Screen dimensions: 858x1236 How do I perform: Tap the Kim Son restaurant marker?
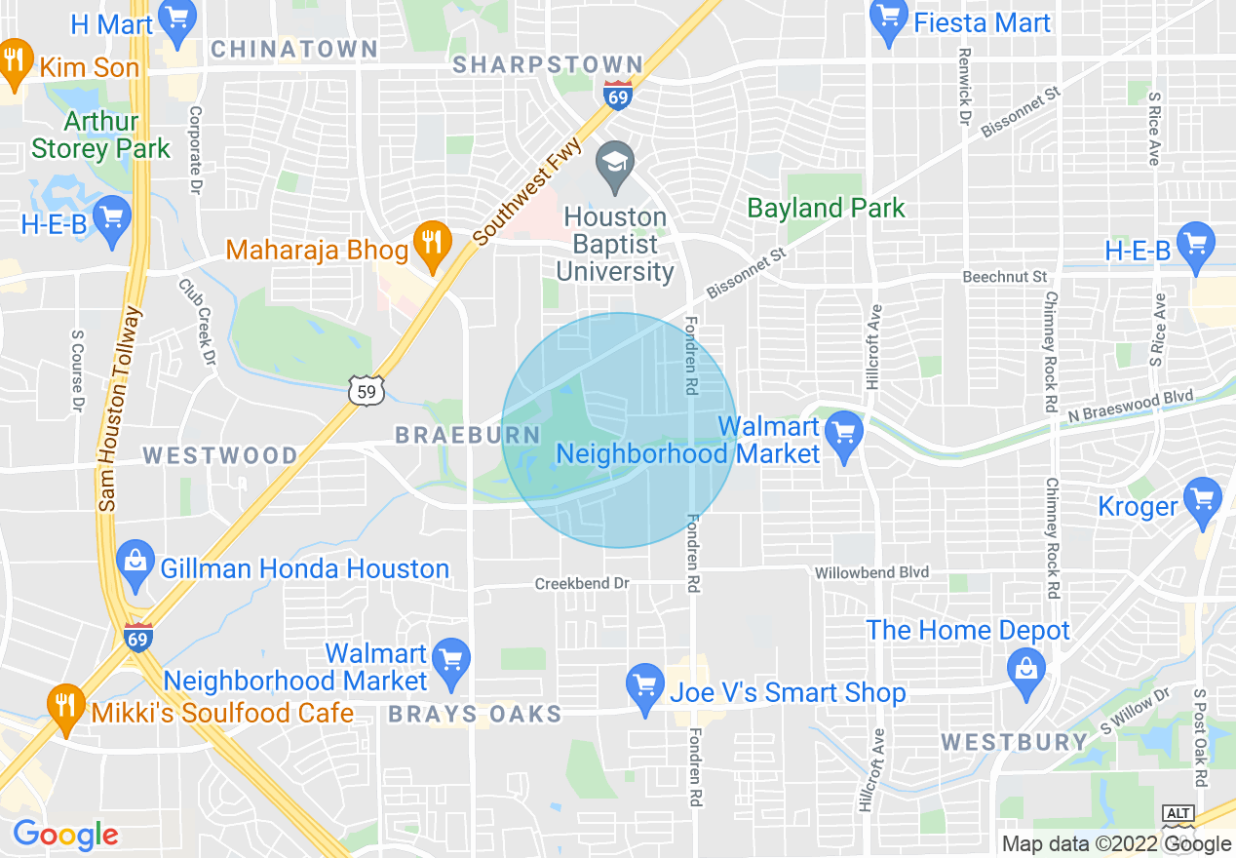pos(14,61)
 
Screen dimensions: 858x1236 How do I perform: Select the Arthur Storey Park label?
pos(100,136)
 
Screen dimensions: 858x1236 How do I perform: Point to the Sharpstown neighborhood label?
pos(549,65)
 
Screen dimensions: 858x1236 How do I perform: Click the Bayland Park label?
pos(826,208)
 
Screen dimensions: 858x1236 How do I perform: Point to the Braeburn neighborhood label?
pos(468,436)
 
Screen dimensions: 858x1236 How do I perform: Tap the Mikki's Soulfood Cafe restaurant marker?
pos(65,706)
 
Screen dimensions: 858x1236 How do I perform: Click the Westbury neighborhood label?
pos(1014,742)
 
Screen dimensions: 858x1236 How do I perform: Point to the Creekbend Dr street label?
pos(582,583)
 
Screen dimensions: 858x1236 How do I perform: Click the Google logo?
pos(65,835)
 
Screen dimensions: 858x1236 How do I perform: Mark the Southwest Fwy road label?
pos(527,191)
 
